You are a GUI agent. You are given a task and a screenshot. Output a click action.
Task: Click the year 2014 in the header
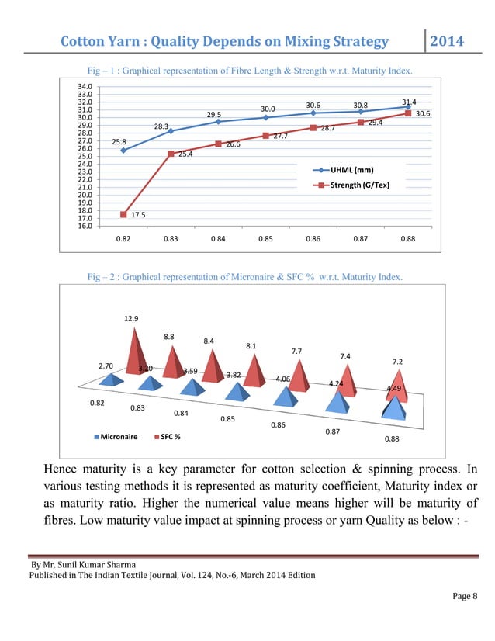[x=446, y=40]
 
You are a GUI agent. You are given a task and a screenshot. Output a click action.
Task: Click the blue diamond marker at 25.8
[x=123, y=151]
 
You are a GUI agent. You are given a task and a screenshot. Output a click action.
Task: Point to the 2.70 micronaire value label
[x=106, y=366]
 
